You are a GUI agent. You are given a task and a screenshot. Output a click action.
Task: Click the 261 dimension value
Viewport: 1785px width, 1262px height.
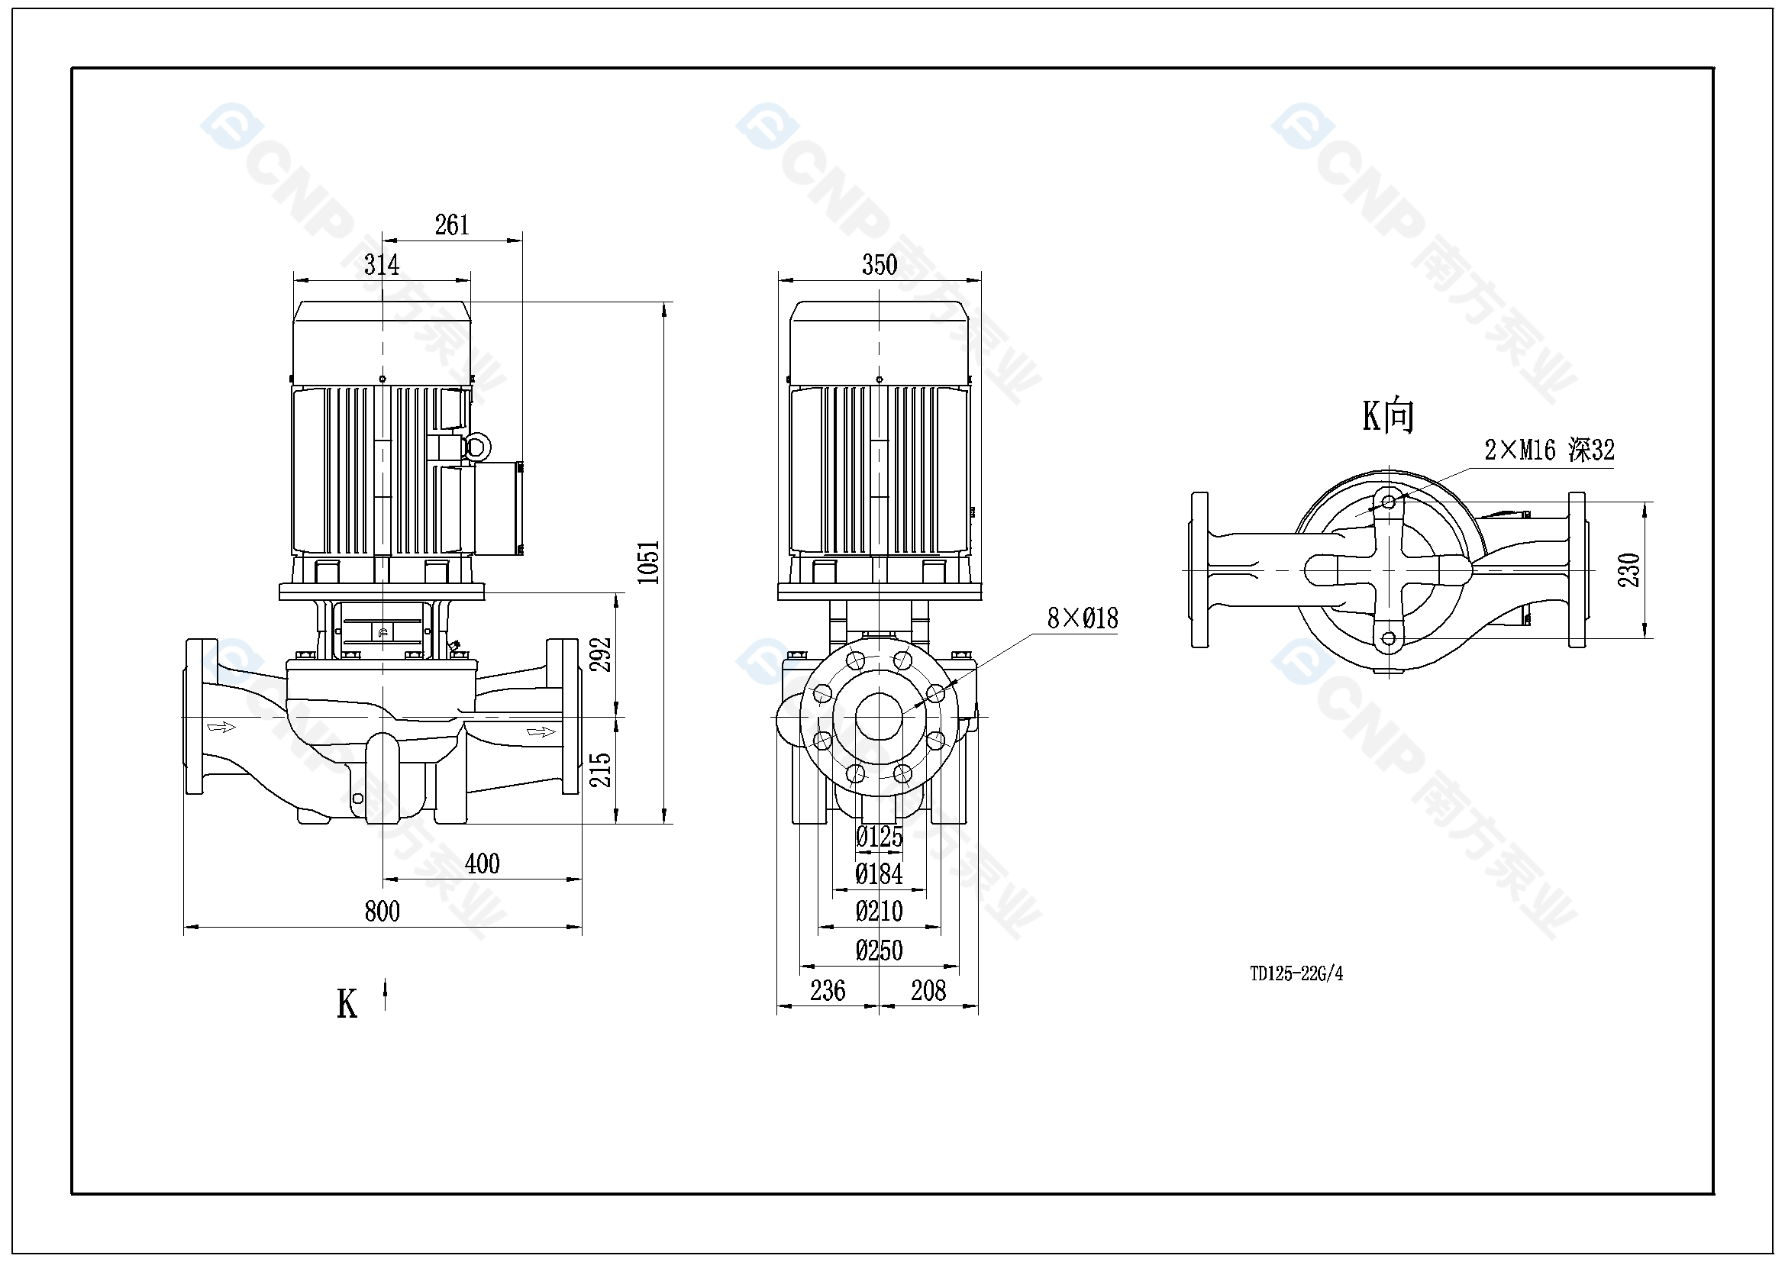pyautogui.click(x=452, y=225)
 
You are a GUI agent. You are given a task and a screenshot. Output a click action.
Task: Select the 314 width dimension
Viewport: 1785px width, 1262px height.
pyautogui.click(x=382, y=265)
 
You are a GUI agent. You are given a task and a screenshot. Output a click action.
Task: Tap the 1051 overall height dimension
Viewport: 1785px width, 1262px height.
pyautogui.click(x=647, y=562)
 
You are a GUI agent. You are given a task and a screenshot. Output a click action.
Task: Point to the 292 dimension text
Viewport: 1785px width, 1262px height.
pyautogui.click(x=601, y=655)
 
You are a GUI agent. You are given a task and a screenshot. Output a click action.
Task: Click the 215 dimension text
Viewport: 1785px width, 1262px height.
pyautogui.click(x=601, y=770)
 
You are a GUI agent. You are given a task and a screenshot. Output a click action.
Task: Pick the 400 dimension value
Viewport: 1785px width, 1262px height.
pyautogui.click(x=482, y=864)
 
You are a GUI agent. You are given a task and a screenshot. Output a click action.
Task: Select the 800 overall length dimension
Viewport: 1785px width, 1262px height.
pyautogui.click(x=382, y=912)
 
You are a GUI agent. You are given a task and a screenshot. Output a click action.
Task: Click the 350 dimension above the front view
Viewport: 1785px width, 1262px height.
pyautogui.click(x=880, y=265)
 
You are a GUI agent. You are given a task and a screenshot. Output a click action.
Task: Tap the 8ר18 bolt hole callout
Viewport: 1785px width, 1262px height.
pyautogui.click(x=1082, y=619)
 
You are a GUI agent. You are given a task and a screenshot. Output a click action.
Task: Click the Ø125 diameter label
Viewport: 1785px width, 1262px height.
pyautogui.click(x=880, y=838)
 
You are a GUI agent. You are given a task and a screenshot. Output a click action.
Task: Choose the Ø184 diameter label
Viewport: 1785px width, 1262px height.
pyautogui.click(x=880, y=875)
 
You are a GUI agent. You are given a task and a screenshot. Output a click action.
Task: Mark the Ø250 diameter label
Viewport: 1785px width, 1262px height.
pyautogui.click(x=880, y=951)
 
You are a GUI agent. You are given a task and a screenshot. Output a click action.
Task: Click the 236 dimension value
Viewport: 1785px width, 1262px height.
pyautogui.click(x=827, y=991)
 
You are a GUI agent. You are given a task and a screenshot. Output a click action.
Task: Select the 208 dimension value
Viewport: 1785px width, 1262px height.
pyautogui.click(x=928, y=991)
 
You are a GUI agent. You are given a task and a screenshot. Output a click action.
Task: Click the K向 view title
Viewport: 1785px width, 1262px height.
pyautogui.click(x=1388, y=416)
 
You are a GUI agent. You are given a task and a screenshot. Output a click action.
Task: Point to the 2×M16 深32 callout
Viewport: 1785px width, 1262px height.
pyautogui.click(x=1548, y=450)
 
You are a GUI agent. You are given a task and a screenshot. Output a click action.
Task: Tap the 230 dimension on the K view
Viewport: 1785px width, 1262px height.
pyautogui.click(x=1629, y=570)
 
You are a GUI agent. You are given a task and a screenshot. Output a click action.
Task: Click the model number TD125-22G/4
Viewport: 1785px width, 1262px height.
pyautogui.click(x=1296, y=973)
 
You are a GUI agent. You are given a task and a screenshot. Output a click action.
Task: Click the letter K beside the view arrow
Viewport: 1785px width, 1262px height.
pyautogui.click(x=347, y=1004)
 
